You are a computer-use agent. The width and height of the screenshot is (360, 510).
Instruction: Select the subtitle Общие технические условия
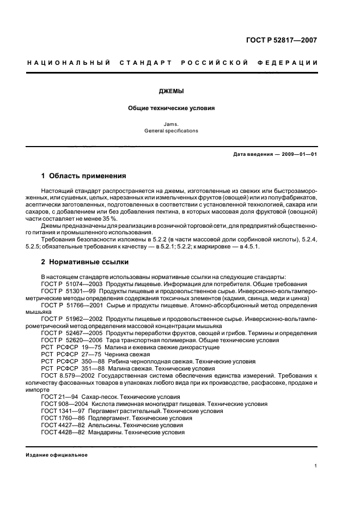click(x=171, y=108)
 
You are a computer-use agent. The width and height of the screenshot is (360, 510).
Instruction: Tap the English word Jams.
click(x=171, y=124)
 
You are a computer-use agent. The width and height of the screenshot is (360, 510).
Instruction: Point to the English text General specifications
click(x=171, y=131)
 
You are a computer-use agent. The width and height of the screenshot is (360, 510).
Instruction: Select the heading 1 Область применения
click(x=84, y=176)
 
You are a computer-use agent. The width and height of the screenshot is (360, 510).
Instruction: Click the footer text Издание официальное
click(x=57, y=455)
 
